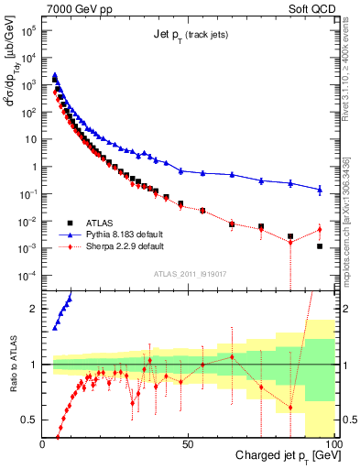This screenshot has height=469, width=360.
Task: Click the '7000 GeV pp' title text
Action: pos(78,9)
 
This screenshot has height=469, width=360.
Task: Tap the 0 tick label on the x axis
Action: pos(42,443)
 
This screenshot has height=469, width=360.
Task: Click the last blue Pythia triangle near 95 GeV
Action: pos(320,190)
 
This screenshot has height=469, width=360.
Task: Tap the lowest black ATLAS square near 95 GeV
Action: pos(320,246)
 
